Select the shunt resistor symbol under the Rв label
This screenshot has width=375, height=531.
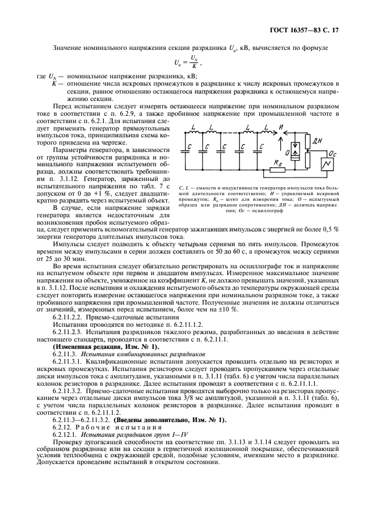(279, 169)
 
